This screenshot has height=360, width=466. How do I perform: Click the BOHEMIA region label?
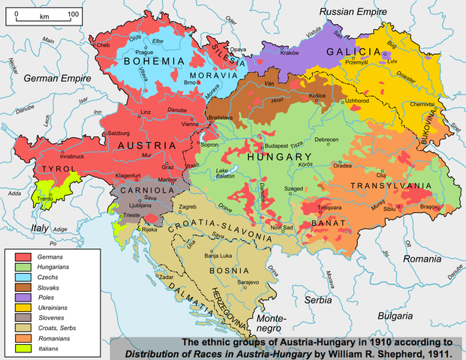[144, 61]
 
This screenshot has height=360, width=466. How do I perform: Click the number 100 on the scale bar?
[74, 14]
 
